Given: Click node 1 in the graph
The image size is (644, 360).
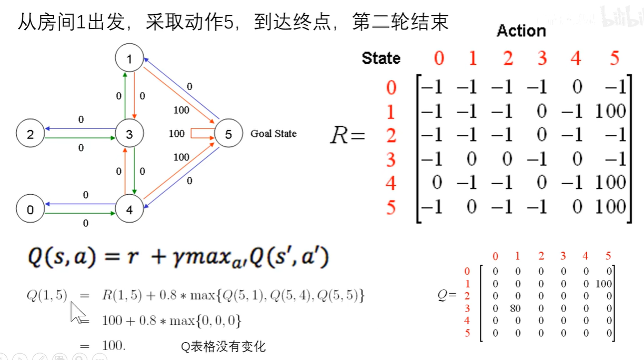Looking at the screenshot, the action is click(x=129, y=58).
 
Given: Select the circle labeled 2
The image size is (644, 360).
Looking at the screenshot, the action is click(x=30, y=134).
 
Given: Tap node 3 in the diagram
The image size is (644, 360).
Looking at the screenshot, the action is click(x=129, y=134).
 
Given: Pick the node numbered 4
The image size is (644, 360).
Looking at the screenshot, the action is click(x=129, y=210).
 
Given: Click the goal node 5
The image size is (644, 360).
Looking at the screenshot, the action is click(x=228, y=134).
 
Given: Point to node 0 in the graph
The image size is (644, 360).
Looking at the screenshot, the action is click(x=30, y=210).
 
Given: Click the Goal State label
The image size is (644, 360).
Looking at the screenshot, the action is click(x=273, y=134).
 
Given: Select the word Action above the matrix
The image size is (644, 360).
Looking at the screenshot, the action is click(x=521, y=31).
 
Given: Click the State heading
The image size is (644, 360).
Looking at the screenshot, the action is click(x=381, y=58).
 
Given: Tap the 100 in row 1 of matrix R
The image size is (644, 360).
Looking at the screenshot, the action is click(x=610, y=111).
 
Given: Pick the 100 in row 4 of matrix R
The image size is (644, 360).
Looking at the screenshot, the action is click(x=610, y=183).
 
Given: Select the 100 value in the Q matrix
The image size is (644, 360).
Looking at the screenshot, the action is click(x=604, y=284).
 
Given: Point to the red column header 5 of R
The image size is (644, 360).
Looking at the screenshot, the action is click(x=614, y=58).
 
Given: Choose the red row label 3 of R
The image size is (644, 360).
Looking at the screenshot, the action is click(x=390, y=159).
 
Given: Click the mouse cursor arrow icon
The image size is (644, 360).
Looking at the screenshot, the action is click(x=77, y=313).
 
